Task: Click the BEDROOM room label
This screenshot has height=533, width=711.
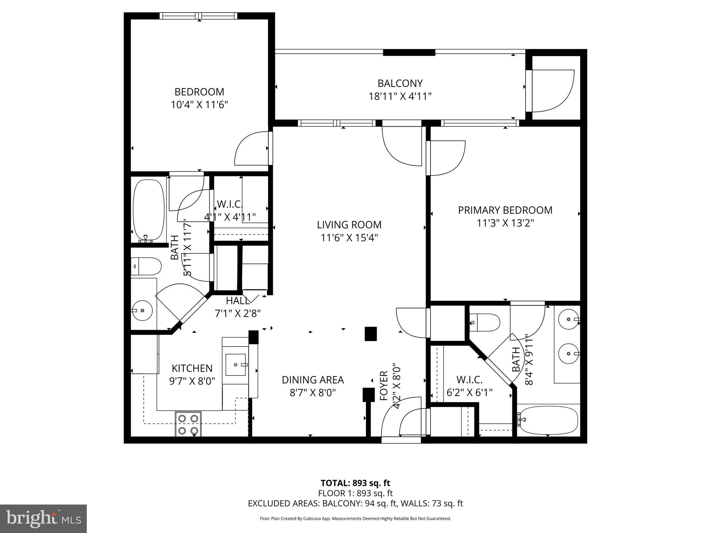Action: (199, 92)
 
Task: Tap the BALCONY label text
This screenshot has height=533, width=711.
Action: (400, 84)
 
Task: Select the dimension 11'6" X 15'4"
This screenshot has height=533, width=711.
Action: (349, 238)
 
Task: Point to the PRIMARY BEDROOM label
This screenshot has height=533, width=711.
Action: (505, 210)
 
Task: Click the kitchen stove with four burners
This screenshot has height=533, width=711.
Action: (188, 424)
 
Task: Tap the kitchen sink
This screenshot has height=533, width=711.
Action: (236, 365)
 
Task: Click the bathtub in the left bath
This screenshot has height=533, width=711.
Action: (149, 210)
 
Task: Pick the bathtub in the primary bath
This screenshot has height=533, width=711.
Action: (549, 420)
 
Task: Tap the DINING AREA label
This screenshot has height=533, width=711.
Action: (313, 380)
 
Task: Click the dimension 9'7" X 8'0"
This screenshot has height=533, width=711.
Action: (192, 381)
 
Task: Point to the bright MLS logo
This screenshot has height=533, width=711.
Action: (43, 518)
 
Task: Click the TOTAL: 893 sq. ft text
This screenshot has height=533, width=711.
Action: (355, 483)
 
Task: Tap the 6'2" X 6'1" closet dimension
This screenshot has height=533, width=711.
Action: (469, 392)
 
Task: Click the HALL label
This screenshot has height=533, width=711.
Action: (237, 301)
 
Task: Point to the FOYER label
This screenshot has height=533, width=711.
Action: (384, 386)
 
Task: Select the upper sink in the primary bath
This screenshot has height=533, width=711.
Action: (569, 319)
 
